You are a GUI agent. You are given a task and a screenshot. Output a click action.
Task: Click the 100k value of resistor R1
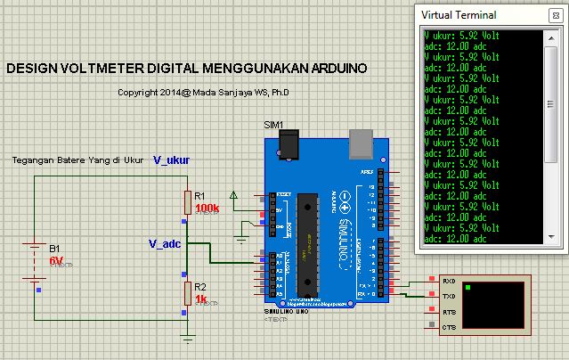tap(206, 208)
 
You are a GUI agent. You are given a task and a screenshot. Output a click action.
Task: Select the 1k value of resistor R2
tap(200, 299)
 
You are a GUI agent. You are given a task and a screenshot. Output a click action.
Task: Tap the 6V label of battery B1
tap(55, 260)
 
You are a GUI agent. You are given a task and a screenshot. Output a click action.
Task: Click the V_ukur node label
tap(171, 160)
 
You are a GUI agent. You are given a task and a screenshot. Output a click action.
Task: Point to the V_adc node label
tap(165, 243)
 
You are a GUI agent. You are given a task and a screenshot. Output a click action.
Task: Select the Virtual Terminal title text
tap(459, 15)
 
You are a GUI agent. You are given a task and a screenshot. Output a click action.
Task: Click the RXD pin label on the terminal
tap(450, 282)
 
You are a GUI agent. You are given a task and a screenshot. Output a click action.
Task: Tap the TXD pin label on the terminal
tap(450, 295)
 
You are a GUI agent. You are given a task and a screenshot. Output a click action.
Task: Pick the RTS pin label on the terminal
tap(450, 313)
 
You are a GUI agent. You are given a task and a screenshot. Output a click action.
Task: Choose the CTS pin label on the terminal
tap(450, 328)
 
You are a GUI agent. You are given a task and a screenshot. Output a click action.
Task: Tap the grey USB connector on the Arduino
tap(362, 140)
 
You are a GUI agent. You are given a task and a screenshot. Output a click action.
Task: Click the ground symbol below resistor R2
tap(187, 337)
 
